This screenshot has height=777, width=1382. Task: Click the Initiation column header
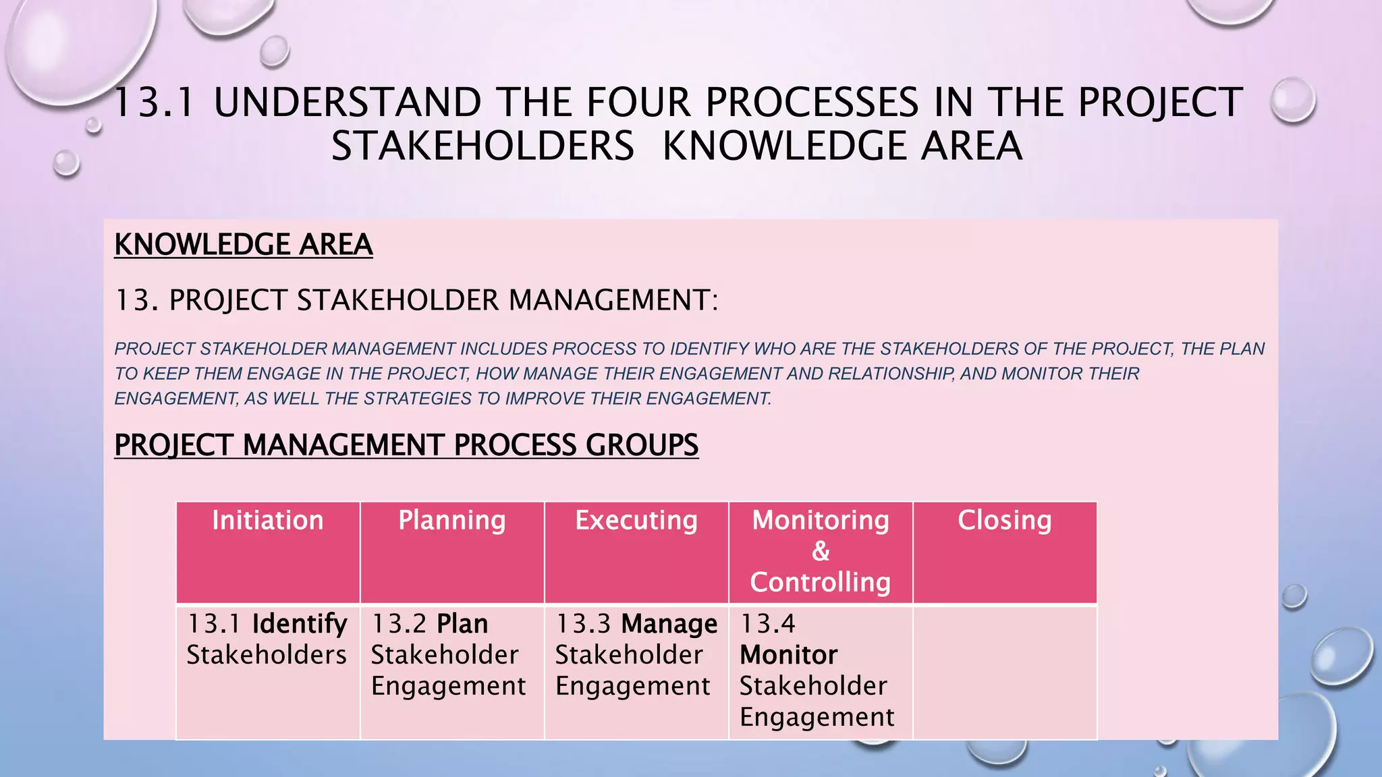pyautogui.click(x=268, y=521)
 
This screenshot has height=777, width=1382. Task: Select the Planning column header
pyautogui.click(x=452, y=521)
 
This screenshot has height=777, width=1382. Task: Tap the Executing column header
pyautogui.click(x=636, y=521)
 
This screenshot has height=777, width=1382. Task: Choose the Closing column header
pyautogui.click(x=1005, y=521)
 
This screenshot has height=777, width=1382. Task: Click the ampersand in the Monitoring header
pyautogui.click(x=821, y=552)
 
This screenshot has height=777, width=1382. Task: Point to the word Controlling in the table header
pyautogui.click(x=821, y=583)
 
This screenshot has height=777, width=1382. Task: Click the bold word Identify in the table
pyautogui.click(x=300, y=625)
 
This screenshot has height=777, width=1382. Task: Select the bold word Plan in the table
pyautogui.click(x=462, y=625)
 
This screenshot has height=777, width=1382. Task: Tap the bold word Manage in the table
pyautogui.click(x=669, y=625)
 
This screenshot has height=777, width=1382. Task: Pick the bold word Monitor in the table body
pyautogui.click(x=789, y=656)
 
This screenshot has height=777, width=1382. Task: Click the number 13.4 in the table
pyautogui.click(x=768, y=625)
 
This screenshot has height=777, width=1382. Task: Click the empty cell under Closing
pyautogui.click(x=1005, y=672)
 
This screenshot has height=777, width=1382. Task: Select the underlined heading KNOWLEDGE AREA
pyautogui.click(x=244, y=245)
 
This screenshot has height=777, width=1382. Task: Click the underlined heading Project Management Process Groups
pyautogui.click(x=406, y=445)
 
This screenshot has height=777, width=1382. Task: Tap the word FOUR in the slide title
pyautogui.click(x=638, y=103)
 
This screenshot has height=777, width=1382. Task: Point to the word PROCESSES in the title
pyautogui.click(x=812, y=103)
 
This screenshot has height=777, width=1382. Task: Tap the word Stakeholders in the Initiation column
pyautogui.click(x=267, y=656)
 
